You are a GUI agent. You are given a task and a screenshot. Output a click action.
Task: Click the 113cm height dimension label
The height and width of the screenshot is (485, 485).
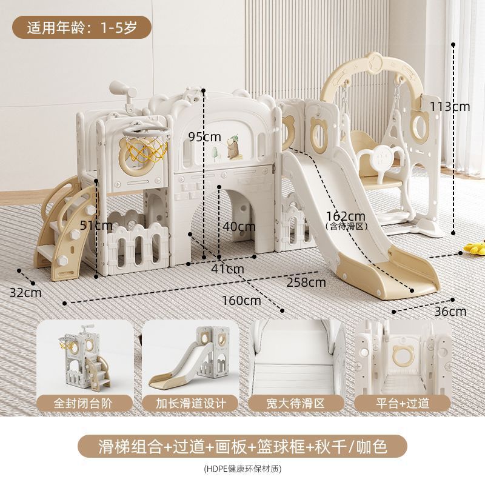point(450,106)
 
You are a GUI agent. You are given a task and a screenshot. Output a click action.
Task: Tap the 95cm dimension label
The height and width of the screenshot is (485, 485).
point(204,136)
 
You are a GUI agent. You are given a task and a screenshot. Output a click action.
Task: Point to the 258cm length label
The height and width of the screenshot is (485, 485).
point(306,282)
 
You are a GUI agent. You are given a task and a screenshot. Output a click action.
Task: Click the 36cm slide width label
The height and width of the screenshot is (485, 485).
point(452,312)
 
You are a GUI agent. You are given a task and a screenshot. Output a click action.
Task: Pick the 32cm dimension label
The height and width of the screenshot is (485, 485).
point(25,292)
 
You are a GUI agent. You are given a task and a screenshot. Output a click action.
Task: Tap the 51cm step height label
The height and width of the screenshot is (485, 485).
point(96,226)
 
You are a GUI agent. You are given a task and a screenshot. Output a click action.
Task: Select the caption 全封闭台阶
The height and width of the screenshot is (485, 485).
point(85,403)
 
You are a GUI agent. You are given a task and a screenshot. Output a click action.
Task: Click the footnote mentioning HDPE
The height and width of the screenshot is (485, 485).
point(242,468)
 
